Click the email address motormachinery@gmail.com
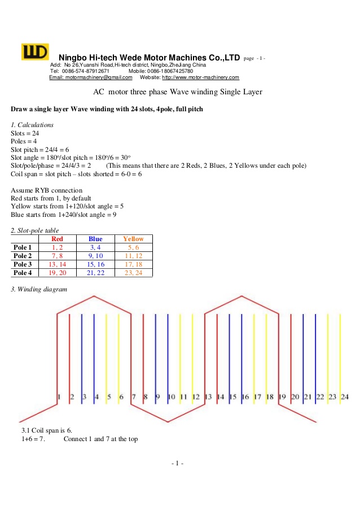[90, 77]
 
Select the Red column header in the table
[57, 239]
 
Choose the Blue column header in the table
[95, 239]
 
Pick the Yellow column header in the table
[133, 239]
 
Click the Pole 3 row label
[23, 264]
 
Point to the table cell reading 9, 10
[95, 256]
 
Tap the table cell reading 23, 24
[133, 273]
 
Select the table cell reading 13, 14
[57, 264]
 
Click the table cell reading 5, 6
[133, 247]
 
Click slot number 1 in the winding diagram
[59, 397]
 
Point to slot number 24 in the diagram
[345, 397]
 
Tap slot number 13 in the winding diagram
[208, 397]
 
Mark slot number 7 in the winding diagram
[134, 397]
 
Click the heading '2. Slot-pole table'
[34, 230]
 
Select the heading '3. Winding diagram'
[38, 290]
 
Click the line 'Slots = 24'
[25, 133]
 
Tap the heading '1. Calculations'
[32, 124]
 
